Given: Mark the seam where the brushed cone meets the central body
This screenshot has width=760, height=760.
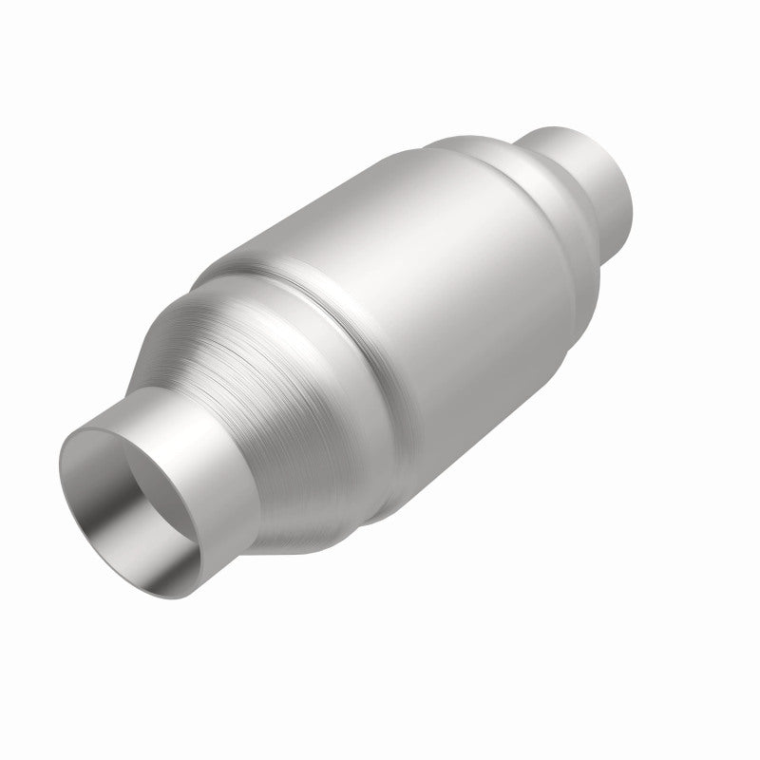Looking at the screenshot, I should [x=285, y=285].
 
